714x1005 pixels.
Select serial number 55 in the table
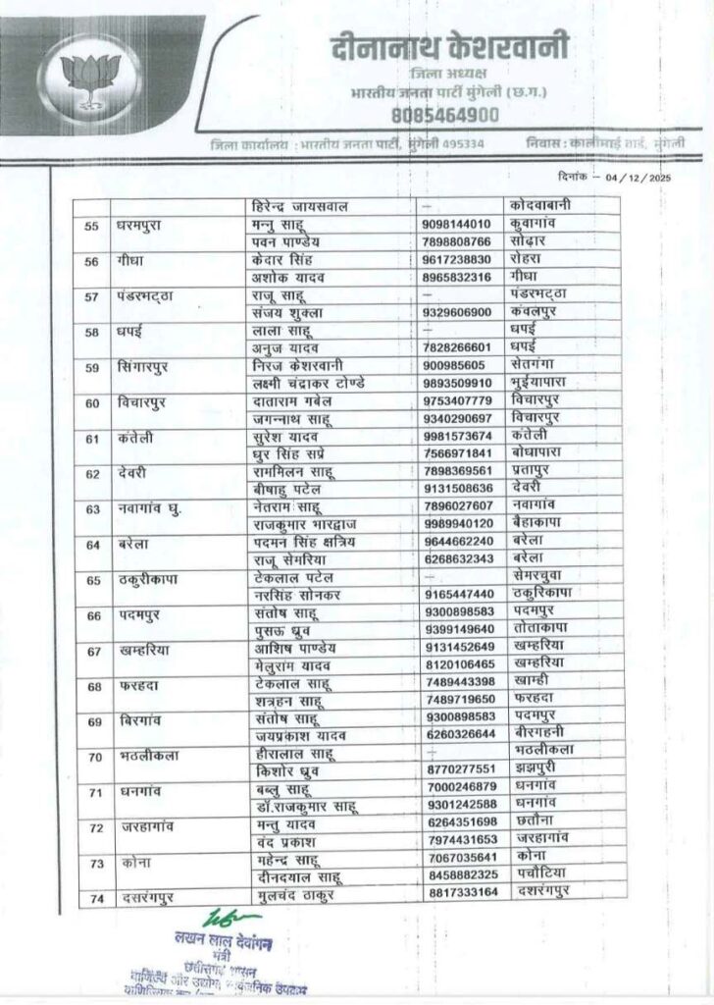[x=94, y=226]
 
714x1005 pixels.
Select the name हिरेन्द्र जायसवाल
[x=304, y=207]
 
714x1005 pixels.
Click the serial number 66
[x=94, y=615]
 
